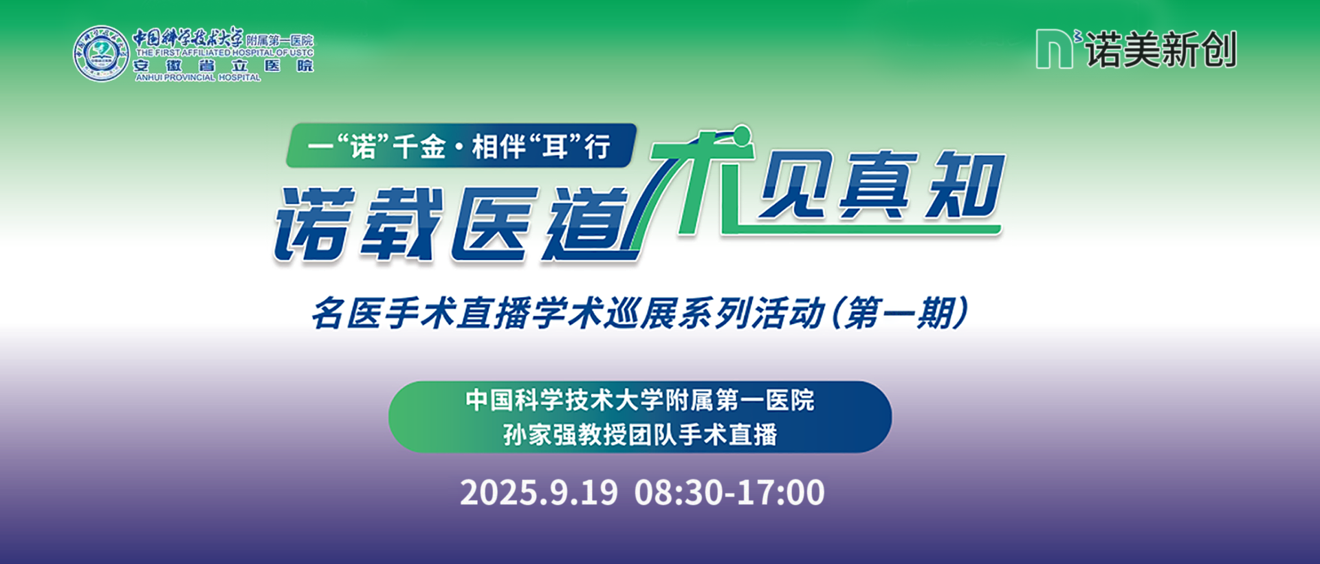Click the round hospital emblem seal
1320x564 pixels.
click(x=101, y=54)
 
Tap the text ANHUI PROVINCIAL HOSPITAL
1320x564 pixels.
click(x=198, y=78)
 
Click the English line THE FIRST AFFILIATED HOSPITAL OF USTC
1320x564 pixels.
click(x=224, y=52)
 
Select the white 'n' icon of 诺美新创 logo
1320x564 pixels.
click(x=1055, y=49)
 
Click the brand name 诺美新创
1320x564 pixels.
click(x=1161, y=50)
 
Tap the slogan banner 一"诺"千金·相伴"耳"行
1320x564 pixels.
click(x=460, y=146)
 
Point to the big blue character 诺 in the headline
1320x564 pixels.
click(x=316, y=224)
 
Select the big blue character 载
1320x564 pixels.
click(x=403, y=224)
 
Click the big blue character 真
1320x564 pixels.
click(x=880, y=184)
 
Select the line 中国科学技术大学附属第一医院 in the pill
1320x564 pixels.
click(x=640, y=400)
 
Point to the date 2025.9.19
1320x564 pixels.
click(x=539, y=492)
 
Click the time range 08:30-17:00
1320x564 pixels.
click(x=729, y=492)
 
